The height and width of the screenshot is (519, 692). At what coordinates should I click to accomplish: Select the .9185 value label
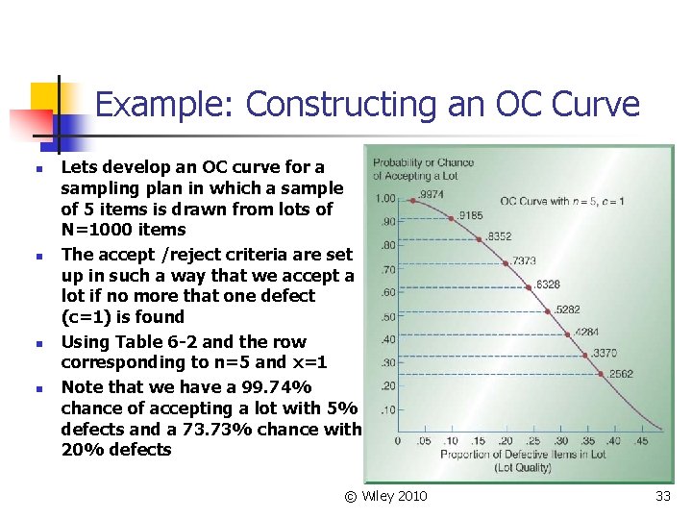coord(470,215)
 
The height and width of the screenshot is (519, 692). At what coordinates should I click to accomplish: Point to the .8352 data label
coord(499,236)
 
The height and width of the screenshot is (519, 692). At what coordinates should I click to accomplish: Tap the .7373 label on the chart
coord(524,260)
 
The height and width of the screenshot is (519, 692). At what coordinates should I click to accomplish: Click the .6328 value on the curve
coord(547,284)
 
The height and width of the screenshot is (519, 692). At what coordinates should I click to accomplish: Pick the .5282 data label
coord(568,309)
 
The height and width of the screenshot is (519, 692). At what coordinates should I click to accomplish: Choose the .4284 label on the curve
coord(586,333)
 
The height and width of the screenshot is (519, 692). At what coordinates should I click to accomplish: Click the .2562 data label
coord(620,374)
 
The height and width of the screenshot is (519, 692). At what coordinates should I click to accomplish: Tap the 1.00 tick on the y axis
coord(384,199)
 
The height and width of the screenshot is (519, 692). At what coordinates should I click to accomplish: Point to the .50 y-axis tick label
coord(387,316)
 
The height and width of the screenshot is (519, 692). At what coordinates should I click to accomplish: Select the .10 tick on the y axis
coord(387,410)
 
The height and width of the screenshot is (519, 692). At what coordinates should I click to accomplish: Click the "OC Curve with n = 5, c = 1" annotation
coord(562,201)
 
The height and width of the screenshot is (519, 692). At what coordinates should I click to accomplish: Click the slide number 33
coord(662,496)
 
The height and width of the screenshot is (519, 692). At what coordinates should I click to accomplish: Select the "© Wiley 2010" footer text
coord(386,496)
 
